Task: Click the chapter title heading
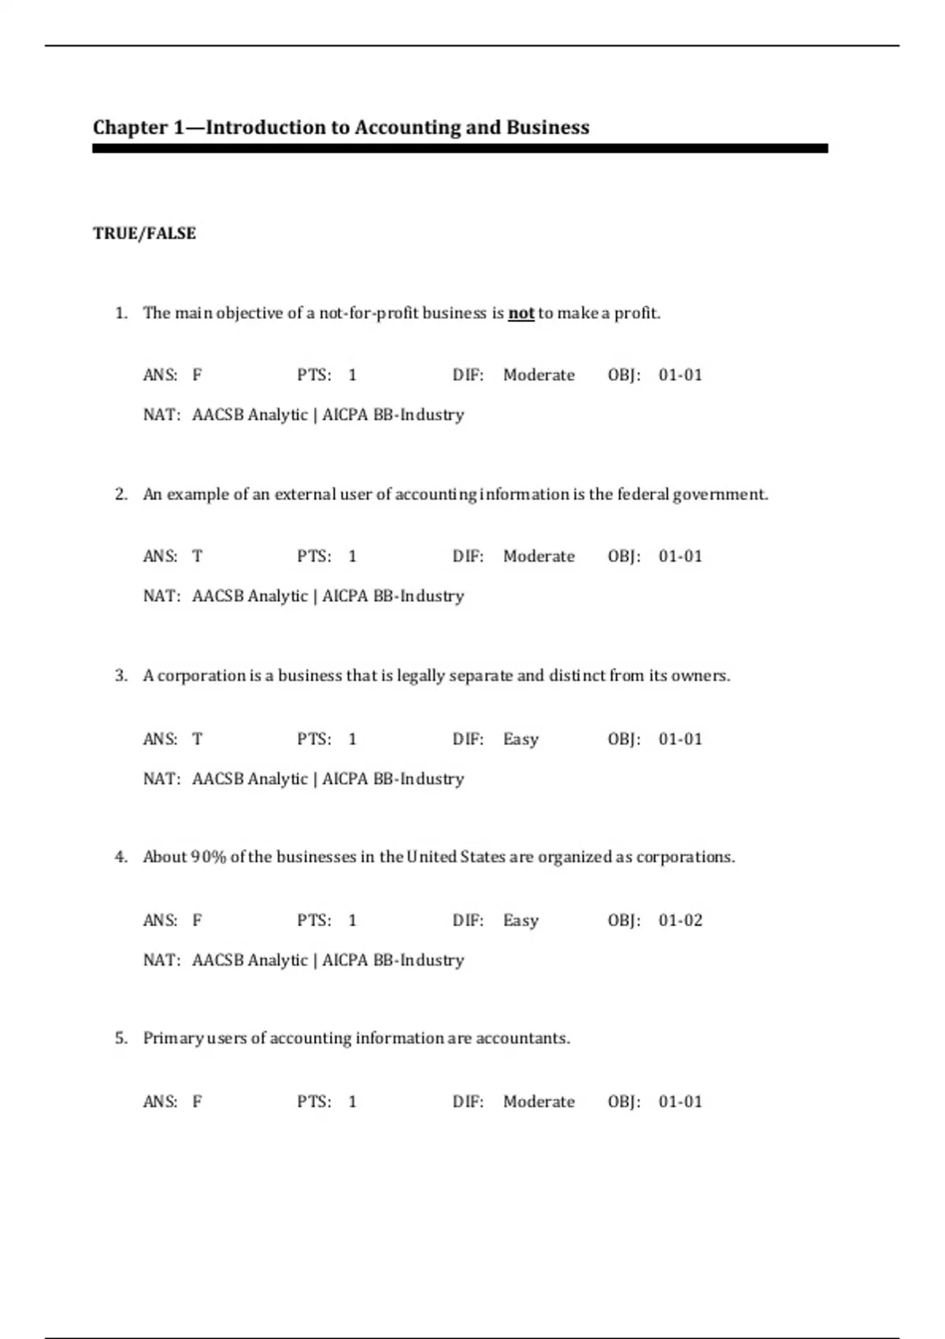pos(341,128)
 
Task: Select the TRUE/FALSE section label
pos(144,233)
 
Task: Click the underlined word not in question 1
pos(521,313)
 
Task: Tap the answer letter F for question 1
pos(197,375)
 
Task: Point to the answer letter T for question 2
pos(197,556)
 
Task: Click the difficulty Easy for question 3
pos(521,740)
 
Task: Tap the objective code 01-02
pos(680,920)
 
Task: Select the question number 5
pos(120,1038)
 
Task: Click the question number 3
pos(120,676)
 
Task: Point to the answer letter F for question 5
pos(197,1101)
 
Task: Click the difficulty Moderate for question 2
pos(539,556)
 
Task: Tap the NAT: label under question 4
pos(161,960)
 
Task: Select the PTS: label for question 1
pos(314,375)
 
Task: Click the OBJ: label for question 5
pos(624,1101)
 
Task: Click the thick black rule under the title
pos(460,148)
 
